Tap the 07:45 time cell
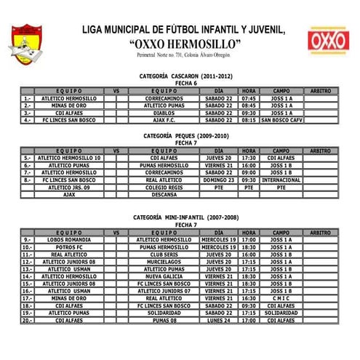point(249,97)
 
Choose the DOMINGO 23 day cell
point(219,180)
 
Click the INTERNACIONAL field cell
point(281,180)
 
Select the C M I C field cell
point(281,298)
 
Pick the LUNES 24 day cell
point(219,320)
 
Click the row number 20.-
point(28,320)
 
